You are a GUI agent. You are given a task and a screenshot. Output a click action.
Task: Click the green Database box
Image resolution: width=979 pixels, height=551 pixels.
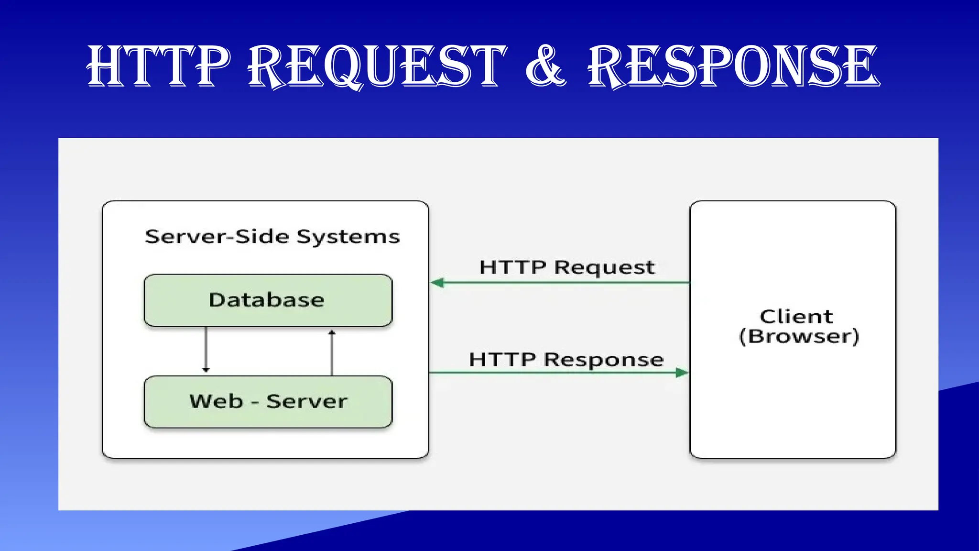[268, 300]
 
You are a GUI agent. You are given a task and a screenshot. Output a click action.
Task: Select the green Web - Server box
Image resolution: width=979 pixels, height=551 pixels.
[268, 402]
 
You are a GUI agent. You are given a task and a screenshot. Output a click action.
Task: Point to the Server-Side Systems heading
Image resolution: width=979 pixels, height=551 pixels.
[272, 237]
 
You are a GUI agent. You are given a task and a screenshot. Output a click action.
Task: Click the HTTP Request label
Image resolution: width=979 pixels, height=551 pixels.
[567, 267]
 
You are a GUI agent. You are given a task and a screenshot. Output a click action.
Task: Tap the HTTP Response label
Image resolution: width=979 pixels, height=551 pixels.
[566, 360]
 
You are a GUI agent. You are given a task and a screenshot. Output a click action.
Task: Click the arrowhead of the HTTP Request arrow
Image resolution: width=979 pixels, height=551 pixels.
[437, 283]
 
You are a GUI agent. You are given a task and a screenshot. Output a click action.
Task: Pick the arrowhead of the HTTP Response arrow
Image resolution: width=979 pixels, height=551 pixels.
[682, 372]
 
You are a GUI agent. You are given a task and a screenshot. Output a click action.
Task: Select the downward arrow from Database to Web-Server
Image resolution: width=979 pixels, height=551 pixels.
[206, 349]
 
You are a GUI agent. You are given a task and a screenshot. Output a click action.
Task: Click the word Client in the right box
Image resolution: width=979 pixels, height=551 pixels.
[796, 317]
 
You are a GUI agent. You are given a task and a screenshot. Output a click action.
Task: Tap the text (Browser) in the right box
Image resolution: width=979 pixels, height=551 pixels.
[799, 336]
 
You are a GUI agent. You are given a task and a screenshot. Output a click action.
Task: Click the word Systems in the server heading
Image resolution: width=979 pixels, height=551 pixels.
[348, 237]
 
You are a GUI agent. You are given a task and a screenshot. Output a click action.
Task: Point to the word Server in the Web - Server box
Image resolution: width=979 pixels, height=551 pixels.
[307, 401]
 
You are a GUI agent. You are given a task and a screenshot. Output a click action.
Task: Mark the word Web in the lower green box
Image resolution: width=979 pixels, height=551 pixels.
[216, 401]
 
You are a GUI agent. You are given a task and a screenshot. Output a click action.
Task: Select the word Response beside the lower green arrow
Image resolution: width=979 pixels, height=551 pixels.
[604, 360]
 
